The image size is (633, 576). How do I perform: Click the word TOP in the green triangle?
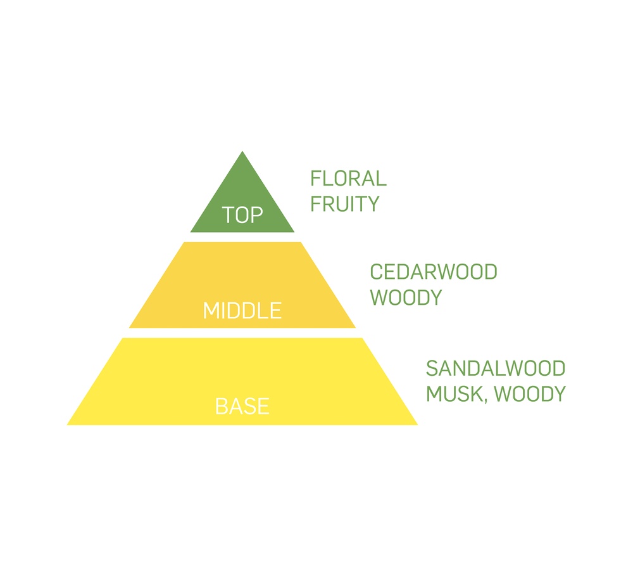[x=242, y=215]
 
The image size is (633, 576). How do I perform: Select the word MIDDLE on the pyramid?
[x=242, y=311]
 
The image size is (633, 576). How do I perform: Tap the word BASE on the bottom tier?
[x=242, y=406]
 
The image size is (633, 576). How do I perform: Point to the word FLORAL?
[x=348, y=179]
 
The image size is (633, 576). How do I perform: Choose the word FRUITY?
[x=345, y=203]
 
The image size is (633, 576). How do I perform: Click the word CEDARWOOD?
[x=434, y=272]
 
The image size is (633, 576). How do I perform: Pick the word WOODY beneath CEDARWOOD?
[x=406, y=297]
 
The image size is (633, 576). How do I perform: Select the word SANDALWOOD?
[x=496, y=369]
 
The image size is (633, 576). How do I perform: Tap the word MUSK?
[x=454, y=394]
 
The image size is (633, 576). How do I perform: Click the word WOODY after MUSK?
[x=530, y=394]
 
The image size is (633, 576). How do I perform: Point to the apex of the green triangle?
[x=242, y=151]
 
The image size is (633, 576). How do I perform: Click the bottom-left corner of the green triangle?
[x=190, y=232]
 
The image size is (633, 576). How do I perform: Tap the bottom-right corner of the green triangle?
[x=294, y=232]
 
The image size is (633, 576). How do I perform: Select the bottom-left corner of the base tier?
[x=66, y=425]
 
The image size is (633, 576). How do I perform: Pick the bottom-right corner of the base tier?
[x=418, y=425]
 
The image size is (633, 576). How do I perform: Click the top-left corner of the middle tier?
[x=184, y=242]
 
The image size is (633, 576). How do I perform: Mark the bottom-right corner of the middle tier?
[x=356, y=328]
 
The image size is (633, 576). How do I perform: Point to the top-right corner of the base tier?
[x=362, y=338]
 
